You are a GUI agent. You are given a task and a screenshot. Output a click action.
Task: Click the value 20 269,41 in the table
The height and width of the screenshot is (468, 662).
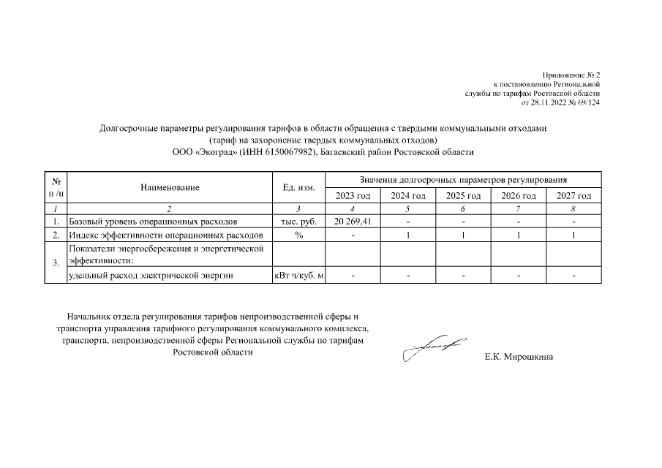353,221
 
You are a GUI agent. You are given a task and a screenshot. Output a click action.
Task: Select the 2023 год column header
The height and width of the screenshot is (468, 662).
353,196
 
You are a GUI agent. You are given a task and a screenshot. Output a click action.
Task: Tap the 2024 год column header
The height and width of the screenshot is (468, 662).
408,196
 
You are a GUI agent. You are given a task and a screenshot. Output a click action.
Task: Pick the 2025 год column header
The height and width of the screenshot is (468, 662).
463,196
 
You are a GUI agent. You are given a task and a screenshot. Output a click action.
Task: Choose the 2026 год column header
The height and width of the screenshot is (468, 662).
518,196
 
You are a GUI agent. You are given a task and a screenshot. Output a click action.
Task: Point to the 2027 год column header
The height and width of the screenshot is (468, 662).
573,196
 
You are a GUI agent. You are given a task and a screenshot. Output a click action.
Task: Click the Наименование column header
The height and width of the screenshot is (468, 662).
170,188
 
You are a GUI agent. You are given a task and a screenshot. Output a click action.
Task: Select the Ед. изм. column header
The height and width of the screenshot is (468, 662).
298,188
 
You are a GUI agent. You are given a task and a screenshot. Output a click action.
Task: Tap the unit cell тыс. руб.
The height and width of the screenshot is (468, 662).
298,221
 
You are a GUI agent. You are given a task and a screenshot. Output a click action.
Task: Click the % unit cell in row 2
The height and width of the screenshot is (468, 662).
298,235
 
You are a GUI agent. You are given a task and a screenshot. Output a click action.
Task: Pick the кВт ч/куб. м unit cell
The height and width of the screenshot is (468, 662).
298,276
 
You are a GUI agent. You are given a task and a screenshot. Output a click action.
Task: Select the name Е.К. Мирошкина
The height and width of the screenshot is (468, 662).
519,358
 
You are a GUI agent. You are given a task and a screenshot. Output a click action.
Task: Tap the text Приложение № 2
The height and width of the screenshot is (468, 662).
571,75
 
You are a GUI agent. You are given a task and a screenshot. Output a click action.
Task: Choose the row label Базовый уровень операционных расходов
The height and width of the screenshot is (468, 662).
152,221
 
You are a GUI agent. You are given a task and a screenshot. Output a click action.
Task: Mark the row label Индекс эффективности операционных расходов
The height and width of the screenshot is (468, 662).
165,235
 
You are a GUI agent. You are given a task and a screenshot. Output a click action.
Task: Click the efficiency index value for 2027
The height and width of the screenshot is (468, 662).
573,235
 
